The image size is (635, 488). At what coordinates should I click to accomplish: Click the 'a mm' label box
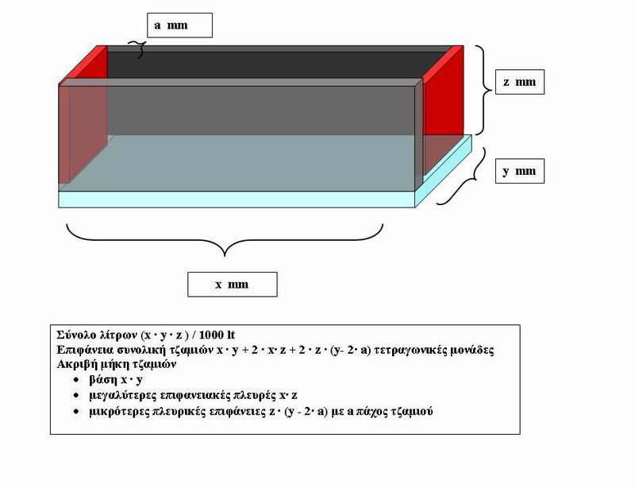pos(179,25)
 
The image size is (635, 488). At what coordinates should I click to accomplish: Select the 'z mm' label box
pos(520,82)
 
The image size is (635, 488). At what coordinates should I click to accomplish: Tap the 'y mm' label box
pos(520,171)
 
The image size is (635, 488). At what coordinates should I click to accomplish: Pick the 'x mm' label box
pos(233,285)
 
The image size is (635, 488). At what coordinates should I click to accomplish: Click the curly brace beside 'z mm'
pos(485,90)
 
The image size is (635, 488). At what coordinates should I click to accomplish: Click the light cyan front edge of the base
pos(237,199)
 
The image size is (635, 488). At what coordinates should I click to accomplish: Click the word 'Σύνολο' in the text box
pos(77,335)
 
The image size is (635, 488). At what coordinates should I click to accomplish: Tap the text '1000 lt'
pos(217,335)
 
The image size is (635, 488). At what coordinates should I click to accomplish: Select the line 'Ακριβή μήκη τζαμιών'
pos(117,364)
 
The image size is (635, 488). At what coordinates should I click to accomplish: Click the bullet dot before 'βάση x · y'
pos(76,380)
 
